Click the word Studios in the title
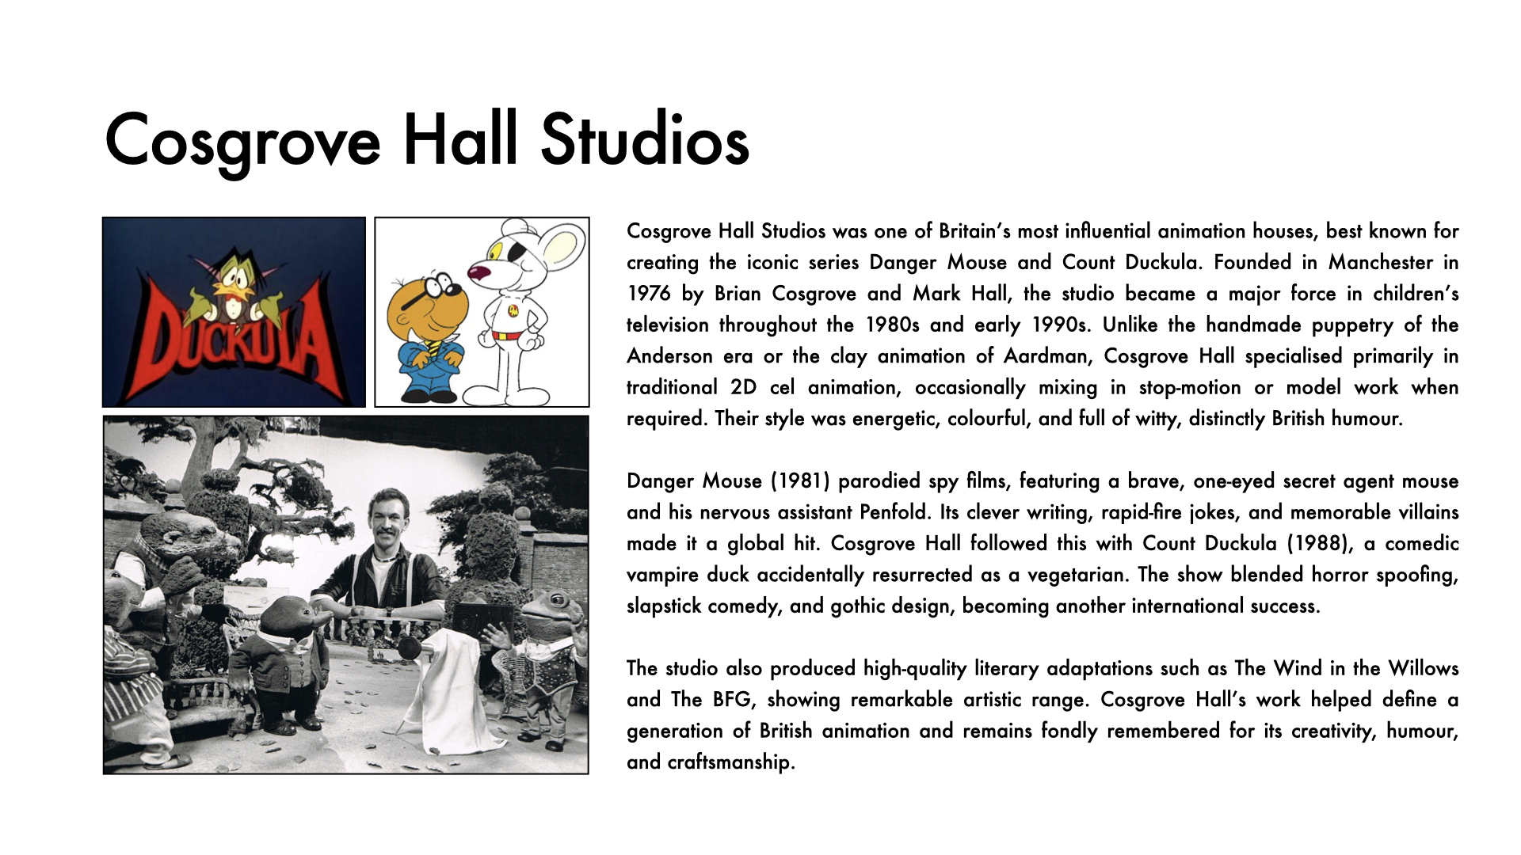pos(644,141)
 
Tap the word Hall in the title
pos(460,141)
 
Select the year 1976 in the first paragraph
pos(648,294)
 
